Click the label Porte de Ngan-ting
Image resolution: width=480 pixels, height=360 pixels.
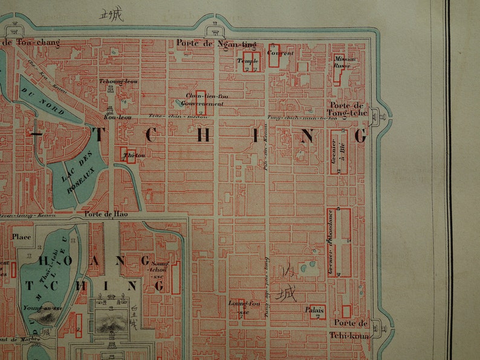point(216,43)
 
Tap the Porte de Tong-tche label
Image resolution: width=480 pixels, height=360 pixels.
point(348,109)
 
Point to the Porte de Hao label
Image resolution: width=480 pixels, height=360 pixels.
point(102,214)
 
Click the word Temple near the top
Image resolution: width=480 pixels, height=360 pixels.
point(248,61)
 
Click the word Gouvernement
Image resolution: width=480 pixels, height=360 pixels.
point(203,104)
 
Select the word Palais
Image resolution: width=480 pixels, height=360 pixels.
point(315,310)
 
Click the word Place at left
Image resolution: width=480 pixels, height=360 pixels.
point(22,237)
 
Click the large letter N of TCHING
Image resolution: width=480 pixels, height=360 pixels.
point(307,137)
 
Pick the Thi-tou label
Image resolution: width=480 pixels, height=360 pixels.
point(129,155)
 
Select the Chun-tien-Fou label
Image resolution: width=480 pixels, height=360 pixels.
point(198,95)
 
